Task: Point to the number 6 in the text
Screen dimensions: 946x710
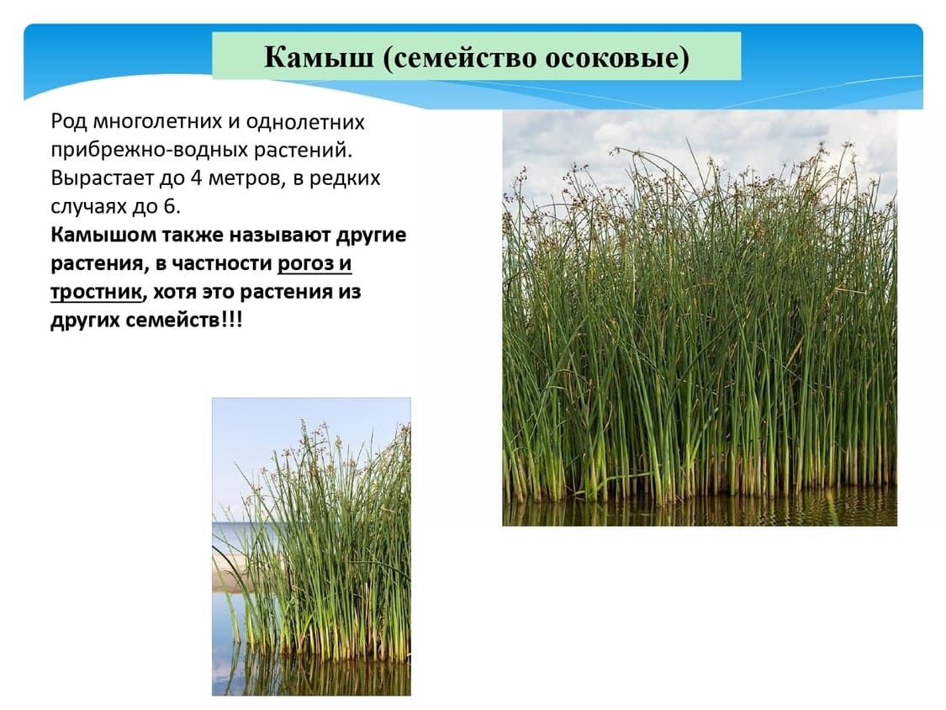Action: [169, 206]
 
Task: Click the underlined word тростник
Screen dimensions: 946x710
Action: [96, 292]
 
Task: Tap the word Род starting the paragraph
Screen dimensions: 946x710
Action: [69, 123]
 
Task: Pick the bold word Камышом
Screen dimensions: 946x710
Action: [103, 235]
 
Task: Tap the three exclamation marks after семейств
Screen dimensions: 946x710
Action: [232, 320]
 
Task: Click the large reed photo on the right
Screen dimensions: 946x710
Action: [700, 318]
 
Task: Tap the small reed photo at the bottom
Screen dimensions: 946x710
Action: [311, 547]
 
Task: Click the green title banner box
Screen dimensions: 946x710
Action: [477, 56]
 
